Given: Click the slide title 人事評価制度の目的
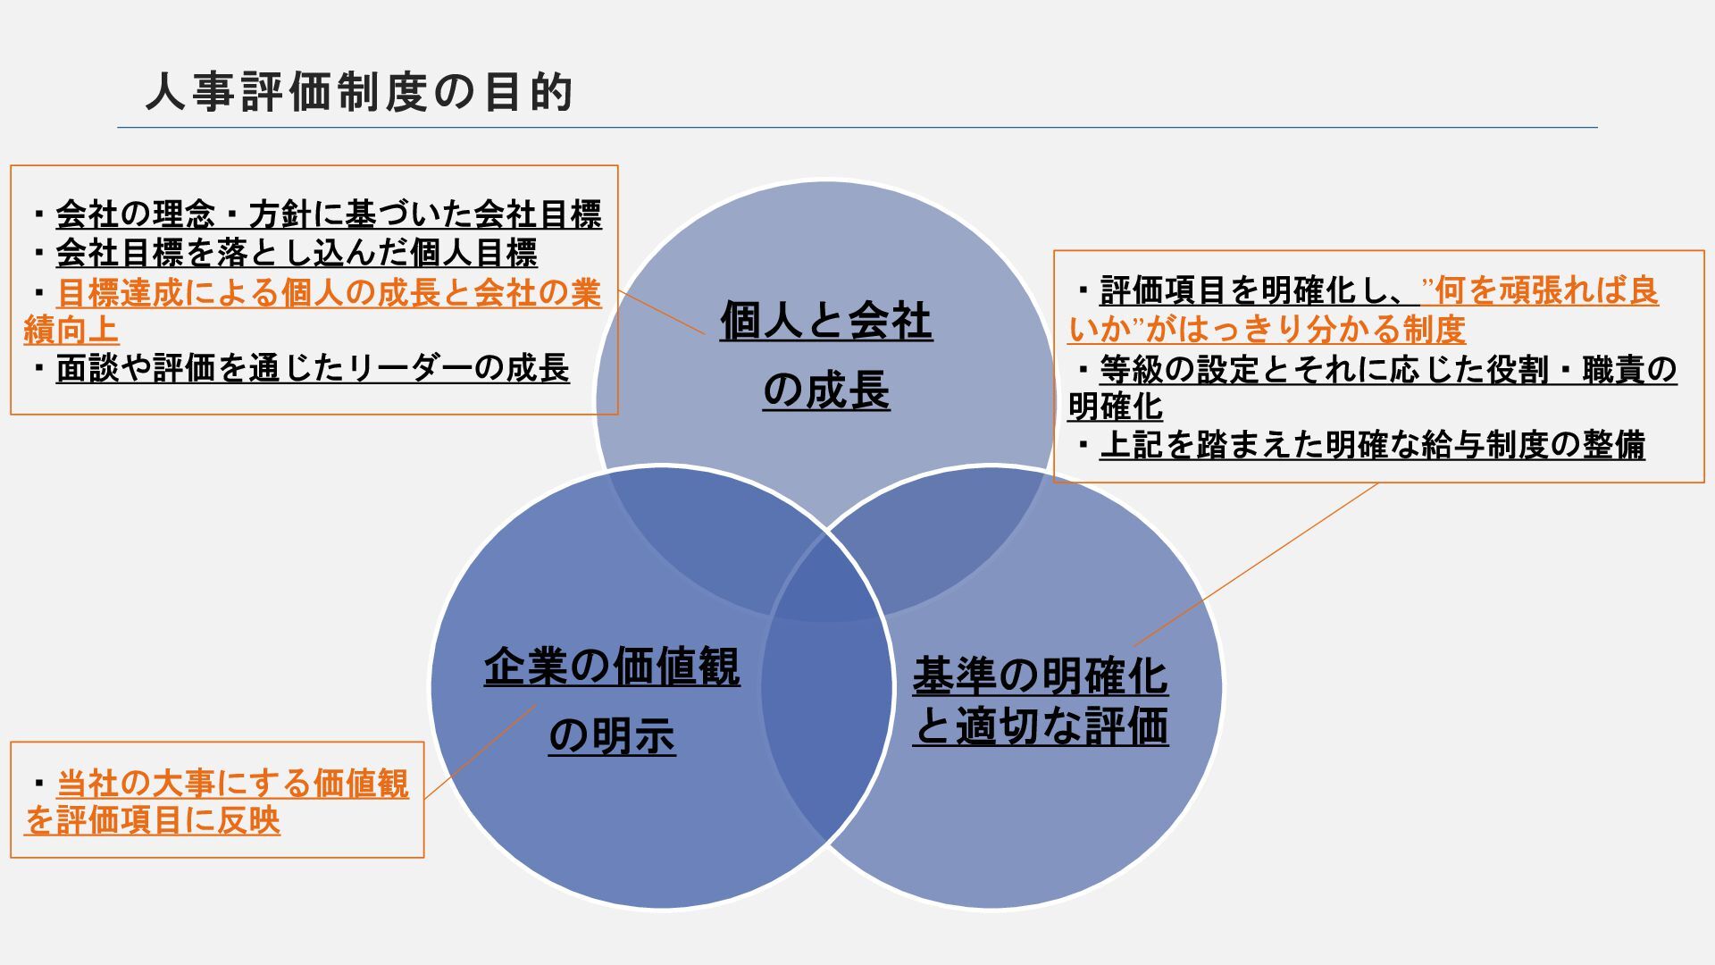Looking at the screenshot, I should (x=359, y=93).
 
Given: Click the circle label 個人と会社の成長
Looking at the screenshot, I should (x=826, y=356).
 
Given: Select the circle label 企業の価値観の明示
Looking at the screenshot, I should (x=612, y=701).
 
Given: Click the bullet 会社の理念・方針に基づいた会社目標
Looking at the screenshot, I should (x=329, y=215).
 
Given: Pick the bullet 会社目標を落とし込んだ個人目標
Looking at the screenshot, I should (x=297, y=254).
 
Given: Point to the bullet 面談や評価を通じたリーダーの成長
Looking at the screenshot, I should (x=313, y=369).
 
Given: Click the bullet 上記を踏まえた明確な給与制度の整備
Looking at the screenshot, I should (x=1372, y=445).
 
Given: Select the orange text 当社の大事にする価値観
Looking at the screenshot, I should (x=232, y=784).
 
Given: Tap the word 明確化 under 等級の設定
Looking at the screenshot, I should (x=1116, y=407).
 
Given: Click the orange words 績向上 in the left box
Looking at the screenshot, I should (x=71, y=331).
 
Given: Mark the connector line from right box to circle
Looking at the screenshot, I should (x=1255, y=565).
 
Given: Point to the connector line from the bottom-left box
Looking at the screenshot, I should (x=480, y=751).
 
